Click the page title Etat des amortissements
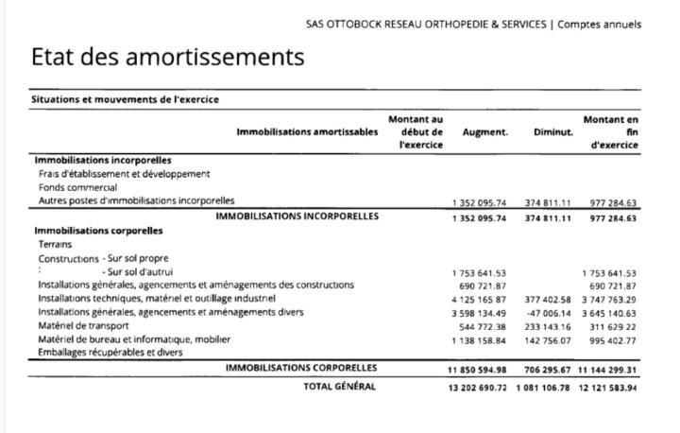(167, 57)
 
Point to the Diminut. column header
(552, 132)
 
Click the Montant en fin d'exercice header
(611, 132)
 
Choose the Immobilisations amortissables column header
(307, 132)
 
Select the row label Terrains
(55, 244)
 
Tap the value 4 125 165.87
(480, 299)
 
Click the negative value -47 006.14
(548, 312)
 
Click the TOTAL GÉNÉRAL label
(339, 386)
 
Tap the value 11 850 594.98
(478, 370)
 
